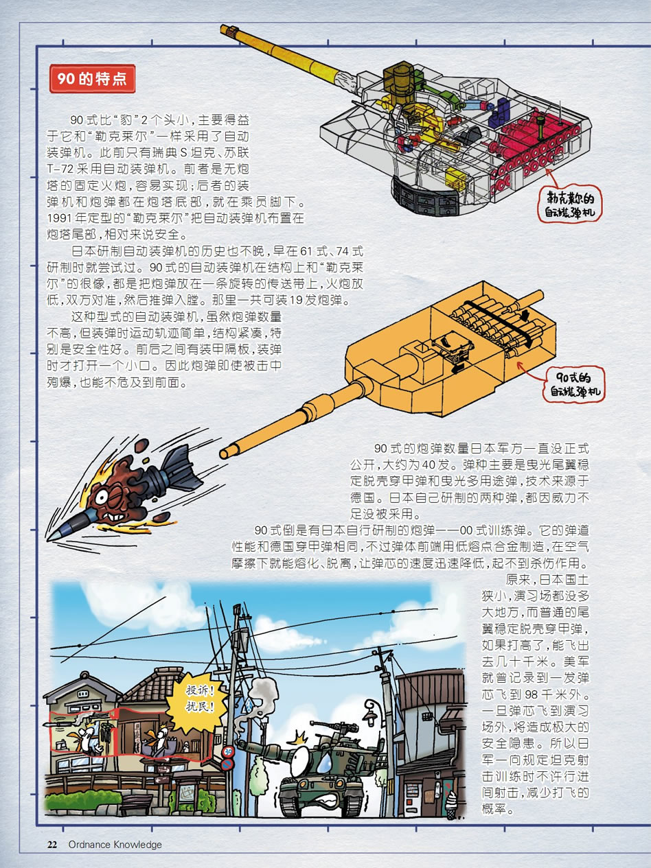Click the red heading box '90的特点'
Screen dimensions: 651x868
pyautogui.click(x=92, y=79)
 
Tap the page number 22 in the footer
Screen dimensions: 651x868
pyautogui.click(x=52, y=845)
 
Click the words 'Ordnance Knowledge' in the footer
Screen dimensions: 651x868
pyautogui.click(x=115, y=845)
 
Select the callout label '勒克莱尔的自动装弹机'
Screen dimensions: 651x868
pyautogui.click(x=570, y=205)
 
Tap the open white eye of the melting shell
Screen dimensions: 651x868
pyautogui.click(x=102, y=497)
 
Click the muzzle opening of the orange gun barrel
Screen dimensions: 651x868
pyautogui.click(x=225, y=454)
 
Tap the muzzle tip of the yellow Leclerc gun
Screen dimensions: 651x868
pyautogui.click(x=225, y=30)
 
